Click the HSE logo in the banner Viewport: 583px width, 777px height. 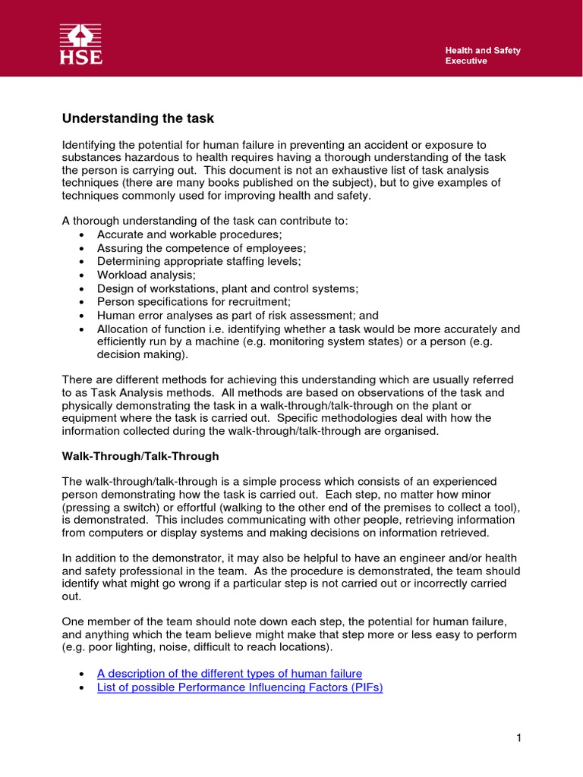tap(81, 44)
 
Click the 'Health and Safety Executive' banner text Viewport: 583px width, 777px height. tap(482, 55)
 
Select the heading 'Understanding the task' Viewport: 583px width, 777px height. tap(137, 118)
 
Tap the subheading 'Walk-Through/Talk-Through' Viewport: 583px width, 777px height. tap(140, 456)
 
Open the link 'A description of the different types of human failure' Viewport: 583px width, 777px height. tap(229, 673)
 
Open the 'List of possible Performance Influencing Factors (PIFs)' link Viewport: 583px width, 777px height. tap(240, 688)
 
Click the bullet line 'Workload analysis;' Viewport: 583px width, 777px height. tap(146, 275)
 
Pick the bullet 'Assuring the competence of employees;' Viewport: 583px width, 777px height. tap(201, 248)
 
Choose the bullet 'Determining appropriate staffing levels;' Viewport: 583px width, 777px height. tap(199, 261)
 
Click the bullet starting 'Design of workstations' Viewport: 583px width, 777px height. tap(227, 288)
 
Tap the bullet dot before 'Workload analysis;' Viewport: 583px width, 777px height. tap(81, 275)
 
